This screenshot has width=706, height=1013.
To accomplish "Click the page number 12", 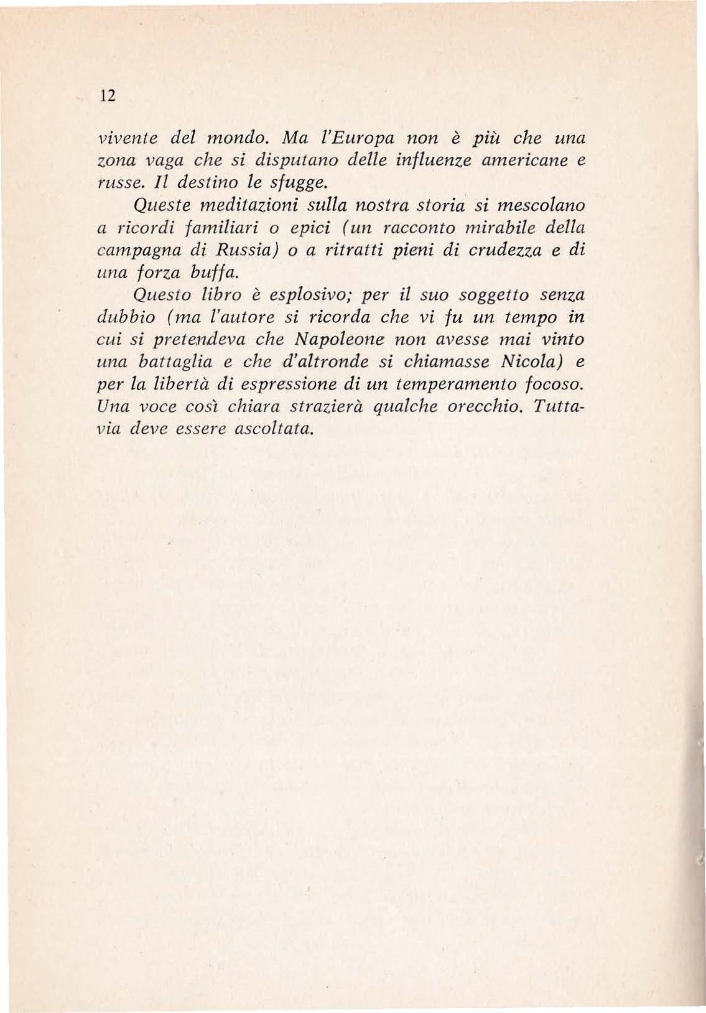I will (109, 97).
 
